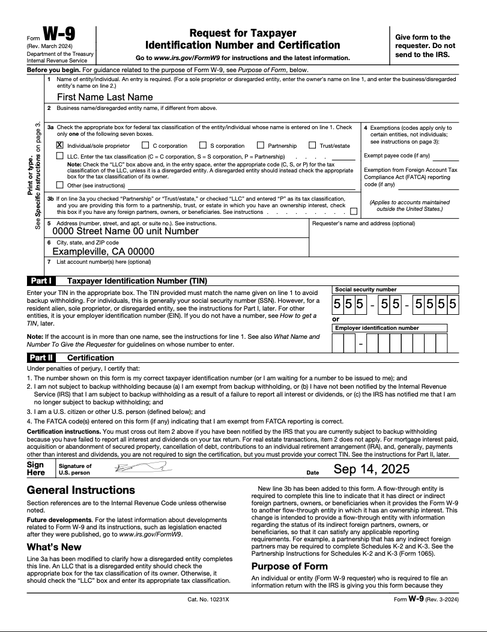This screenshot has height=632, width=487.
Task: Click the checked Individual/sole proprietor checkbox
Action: [x=60, y=145]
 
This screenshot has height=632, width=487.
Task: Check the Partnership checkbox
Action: [x=261, y=145]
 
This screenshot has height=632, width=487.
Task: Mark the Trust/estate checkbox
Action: [x=312, y=145]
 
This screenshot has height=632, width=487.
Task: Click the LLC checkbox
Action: [x=60, y=156]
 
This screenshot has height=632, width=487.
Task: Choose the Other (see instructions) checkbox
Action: [x=60, y=185]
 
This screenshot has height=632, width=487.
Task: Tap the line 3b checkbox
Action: [x=354, y=211]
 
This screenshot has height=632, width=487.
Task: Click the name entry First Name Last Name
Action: [x=104, y=97]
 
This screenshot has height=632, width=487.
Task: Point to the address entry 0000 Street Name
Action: [x=126, y=231]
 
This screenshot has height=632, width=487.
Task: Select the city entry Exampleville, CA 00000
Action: [x=103, y=252]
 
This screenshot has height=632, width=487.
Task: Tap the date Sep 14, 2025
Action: [x=371, y=469]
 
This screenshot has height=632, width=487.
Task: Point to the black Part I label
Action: [x=41, y=281]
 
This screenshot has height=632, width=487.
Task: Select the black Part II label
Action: [x=43, y=357]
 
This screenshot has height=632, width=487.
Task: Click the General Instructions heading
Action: [x=81, y=490]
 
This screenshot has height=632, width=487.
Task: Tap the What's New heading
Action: [x=54, y=547]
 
